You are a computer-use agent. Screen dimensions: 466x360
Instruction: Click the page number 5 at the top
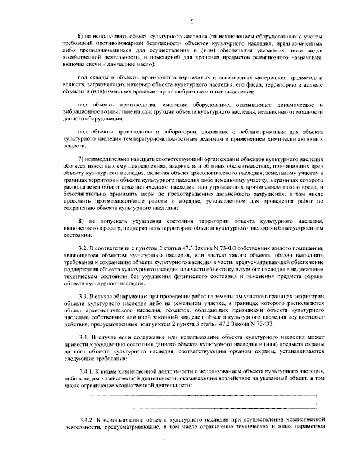click(192, 21)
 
